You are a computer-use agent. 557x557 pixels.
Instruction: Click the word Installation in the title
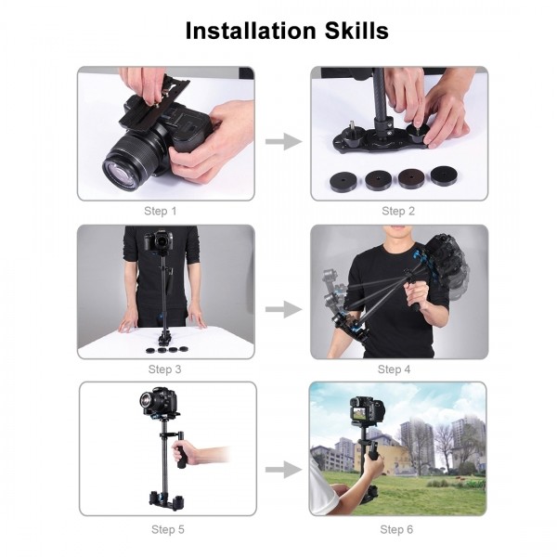(x=242, y=30)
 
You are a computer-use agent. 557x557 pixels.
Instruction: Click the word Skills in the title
(x=353, y=30)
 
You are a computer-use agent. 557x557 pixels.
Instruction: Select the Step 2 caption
(x=398, y=212)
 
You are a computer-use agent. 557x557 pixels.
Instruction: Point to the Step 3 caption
(x=164, y=369)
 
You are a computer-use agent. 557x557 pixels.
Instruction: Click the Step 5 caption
(x=167, y=529)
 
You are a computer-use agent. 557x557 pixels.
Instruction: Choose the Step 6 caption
(x=396, y=529)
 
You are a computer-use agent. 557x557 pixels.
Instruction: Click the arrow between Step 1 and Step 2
(x=283, y=141)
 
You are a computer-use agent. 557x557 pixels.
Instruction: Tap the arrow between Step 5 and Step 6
(x=283, y=470)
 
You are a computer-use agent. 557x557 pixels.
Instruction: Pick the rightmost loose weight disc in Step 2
(x=444, y=175)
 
